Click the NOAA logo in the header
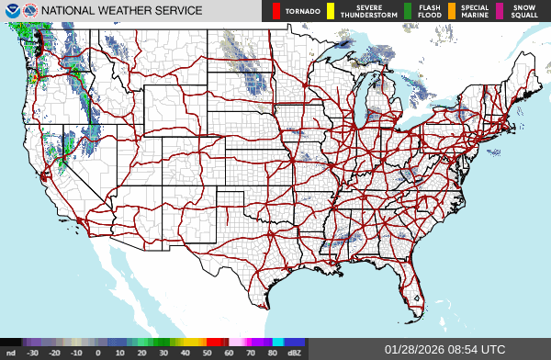pyautogui.click(x=12, y=11)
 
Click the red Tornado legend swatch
pyautogui.click(x=277, y=12)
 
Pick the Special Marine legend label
pyautogui.click(x=475, y=12)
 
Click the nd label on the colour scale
pyautogui.click(x=10, y=352)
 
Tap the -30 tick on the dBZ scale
pyautogui.click(x=32, y=352)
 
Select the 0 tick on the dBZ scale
pyautogui.click(x=97, y=352)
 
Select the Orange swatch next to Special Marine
pyautogui.click(x=452, y=12)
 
